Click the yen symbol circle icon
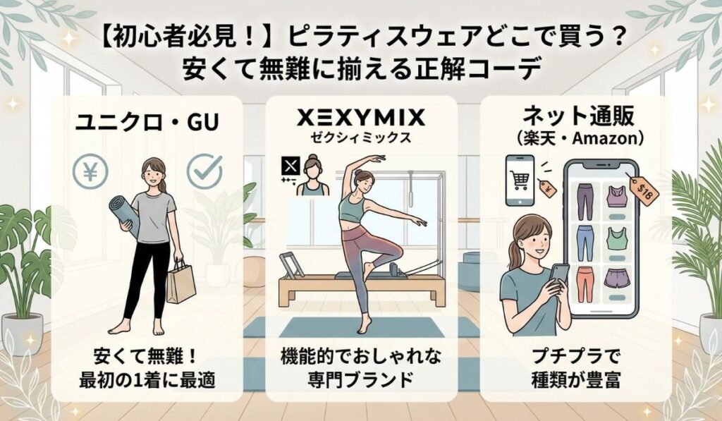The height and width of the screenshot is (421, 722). (92, 171)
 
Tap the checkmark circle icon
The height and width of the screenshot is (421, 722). (204, 171)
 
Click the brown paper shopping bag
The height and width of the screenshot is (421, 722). (181, 281)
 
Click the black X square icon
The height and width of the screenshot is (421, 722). (290, 167)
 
